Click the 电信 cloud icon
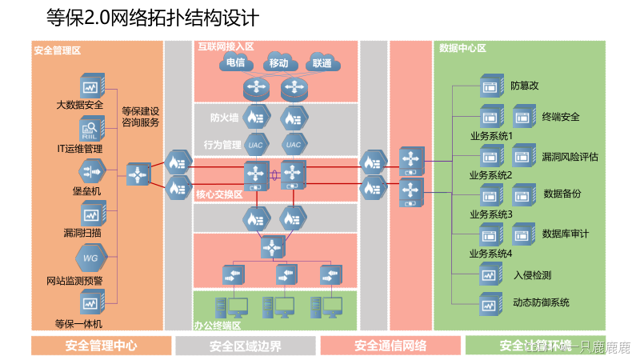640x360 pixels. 235,63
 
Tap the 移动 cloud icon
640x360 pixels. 278,63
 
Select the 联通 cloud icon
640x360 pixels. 322,63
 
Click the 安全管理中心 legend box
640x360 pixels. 101,346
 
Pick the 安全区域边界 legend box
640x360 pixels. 245,346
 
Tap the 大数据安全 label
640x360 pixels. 80,105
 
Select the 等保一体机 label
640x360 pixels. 78,324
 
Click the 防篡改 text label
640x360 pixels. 525,85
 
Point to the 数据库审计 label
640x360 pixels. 565,234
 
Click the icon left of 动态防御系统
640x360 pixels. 489,303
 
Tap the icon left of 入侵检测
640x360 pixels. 489,276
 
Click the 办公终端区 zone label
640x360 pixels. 218,325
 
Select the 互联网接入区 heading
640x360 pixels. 226,47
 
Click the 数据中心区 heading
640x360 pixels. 462,48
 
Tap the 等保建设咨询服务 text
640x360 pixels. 141,117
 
